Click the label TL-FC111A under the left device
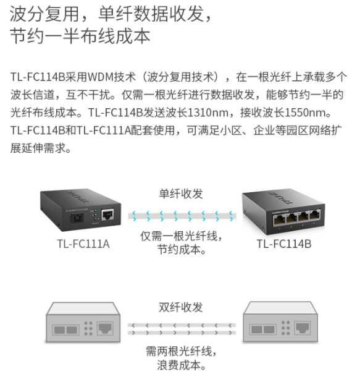tap(83, 244)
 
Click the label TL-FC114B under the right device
tap(284, 244)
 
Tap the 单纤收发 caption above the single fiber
tap(181, 193)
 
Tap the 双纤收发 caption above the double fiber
tap(181, 307)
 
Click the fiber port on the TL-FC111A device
tap(77, 218)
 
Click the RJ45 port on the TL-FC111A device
tap(108, 215)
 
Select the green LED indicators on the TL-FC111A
tap(95, 215)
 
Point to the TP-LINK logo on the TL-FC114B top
tap(280, 197)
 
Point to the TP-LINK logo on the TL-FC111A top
tap(78, 197)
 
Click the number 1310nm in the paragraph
tap(208, 113)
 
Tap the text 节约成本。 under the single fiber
tap(182, 250)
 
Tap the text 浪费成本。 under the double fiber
tap(182, 365)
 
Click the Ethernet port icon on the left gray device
tap(105, 328)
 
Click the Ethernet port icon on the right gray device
tap(303, 328)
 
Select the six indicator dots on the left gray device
tap(88, 328)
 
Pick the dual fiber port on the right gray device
tap(263, 330)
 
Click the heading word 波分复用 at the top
tap(44, 14)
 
